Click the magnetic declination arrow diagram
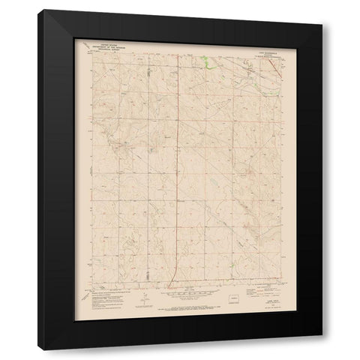tap(144, 302)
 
